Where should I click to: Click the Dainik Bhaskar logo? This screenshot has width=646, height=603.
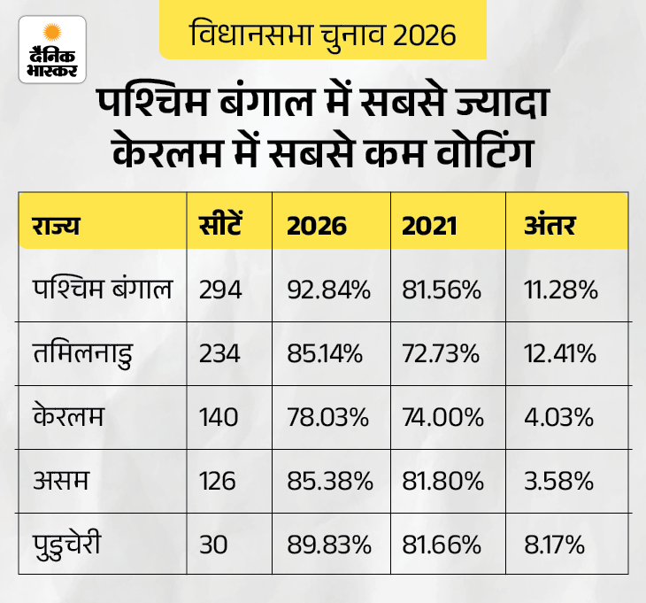(x=52, y=50)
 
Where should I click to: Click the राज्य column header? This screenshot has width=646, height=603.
(x=57, y=225)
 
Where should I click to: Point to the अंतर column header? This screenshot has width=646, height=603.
(x=550, y=225)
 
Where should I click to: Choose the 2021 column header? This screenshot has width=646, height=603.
(x=429, y=225)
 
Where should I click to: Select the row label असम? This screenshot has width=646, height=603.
(x=58, y=480)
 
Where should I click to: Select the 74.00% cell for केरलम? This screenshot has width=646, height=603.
(x=442, y=417)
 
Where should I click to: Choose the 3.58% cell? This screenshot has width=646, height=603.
(x=557, y=480)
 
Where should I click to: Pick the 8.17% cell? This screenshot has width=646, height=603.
(x=555, y=543)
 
